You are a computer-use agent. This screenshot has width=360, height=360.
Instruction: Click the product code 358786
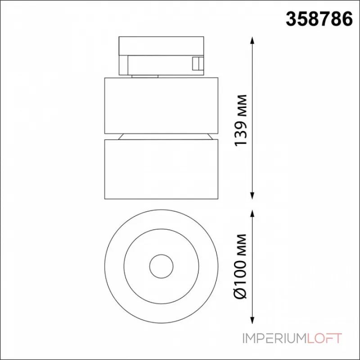pos(319,19)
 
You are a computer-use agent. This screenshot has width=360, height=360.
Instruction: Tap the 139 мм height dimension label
pos(240,120)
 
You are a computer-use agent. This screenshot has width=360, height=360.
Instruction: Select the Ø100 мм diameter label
pos(240,266)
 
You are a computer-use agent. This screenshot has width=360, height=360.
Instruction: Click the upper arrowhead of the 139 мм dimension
pos(252,40)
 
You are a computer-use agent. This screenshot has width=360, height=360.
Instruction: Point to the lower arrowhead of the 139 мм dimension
pos(252,195)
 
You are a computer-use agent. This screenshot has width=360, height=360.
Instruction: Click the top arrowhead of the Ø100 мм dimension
pos(252,213)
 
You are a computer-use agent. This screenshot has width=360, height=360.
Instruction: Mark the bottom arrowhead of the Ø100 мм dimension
pos(252,319)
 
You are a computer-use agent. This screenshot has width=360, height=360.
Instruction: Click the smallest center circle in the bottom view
pos(161,255)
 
